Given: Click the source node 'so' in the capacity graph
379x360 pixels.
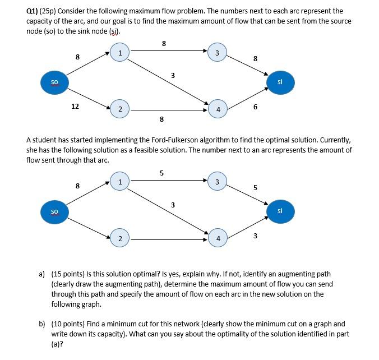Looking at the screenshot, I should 54,82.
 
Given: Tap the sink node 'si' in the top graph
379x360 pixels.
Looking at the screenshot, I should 279,82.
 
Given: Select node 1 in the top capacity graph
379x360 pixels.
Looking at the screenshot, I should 119,53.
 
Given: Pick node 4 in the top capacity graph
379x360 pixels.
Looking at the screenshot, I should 218,109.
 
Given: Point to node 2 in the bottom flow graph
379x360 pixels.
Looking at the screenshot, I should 119,238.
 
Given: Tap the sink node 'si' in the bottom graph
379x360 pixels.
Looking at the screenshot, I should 279,211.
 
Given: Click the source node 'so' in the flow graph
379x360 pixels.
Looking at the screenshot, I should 54,211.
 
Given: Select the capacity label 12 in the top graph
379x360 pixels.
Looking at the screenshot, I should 75,107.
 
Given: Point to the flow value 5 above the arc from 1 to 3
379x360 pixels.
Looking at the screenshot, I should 162,173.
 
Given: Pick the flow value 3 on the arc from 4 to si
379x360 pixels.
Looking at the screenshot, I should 255,236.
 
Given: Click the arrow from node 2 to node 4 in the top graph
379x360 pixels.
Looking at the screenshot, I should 168,110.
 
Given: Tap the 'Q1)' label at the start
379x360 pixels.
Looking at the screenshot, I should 33,11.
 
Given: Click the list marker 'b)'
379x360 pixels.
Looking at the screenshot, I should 42,324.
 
